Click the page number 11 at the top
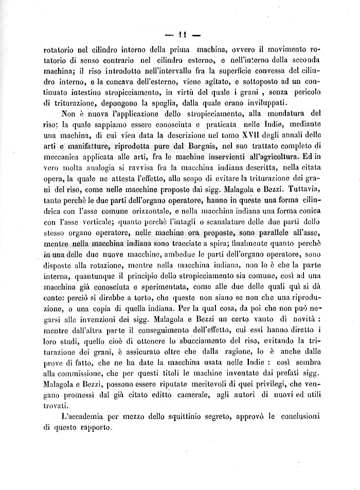(x=181, y=35)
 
